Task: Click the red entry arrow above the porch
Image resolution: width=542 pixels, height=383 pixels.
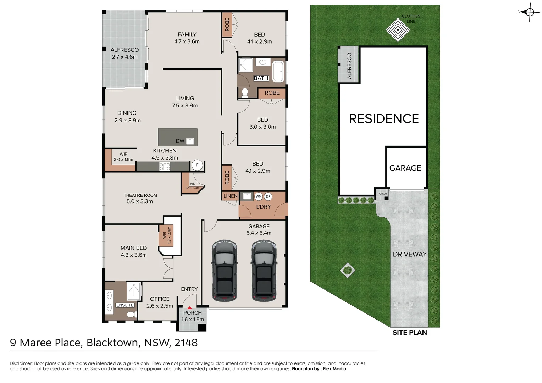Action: click(x=189, y=308)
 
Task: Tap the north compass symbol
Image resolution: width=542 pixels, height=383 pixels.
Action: click(x=530, y=12)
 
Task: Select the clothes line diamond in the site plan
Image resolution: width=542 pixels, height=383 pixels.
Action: click(x=398, y=30)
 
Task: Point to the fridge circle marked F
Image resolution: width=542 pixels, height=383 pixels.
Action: click(x=197, y=165)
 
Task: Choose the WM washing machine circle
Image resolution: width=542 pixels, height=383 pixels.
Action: click(x=259, y=196)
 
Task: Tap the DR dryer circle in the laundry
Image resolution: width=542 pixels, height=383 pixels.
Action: click(x=268, y=196)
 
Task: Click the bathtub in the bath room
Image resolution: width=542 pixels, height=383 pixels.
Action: click(x=278, y=71)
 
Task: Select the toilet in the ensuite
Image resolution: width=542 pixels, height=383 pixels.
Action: click(x=131, y=314)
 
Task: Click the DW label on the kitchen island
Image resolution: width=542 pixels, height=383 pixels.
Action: click(x=180, y=141)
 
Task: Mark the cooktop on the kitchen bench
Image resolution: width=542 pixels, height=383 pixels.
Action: click(x=165, y=166)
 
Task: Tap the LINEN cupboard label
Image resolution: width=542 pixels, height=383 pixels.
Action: click(x=231, y=196)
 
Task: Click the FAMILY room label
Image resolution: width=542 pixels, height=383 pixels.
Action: click(x=187, y=34)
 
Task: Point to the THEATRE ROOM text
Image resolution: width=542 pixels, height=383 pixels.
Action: click(x=140, y=195)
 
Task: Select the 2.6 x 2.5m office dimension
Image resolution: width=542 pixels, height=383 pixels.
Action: click(x=160, y=306)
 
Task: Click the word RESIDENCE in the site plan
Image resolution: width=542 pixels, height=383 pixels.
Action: click(x=384, y=119)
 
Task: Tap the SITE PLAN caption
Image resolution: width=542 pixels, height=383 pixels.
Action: click(x=410, y=333)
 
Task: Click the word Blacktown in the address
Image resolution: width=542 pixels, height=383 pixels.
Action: click(x=113, y=343)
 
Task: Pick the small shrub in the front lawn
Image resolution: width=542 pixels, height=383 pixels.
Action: click(x=348, y=270)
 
